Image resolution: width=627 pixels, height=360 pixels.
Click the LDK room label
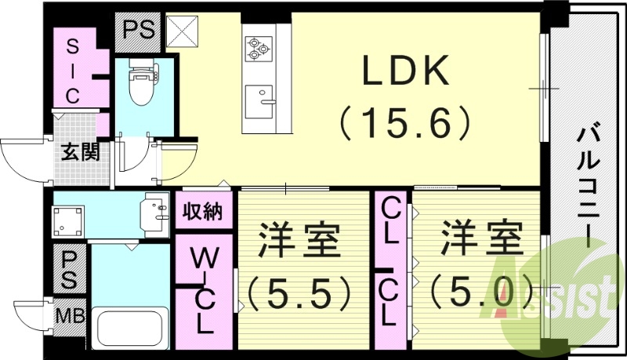pyautogui.click(x=405, y=73)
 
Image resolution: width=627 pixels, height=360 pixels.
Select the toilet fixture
pyautogui.click(x=142, y=82)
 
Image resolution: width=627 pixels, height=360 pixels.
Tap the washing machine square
pyautogui.click(x=66, y=222)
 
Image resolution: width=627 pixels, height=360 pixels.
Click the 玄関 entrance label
pyautogui.click(x=81, y=152)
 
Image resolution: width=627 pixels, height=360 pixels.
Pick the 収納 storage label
pyautogui.click(x=203, y=212)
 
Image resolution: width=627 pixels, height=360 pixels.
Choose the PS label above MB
pyautogui.click(x=69, y=269)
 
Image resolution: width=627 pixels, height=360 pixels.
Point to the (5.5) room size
pyautogui.click(x=297, y=293)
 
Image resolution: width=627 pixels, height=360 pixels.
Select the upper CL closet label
pyautogui.click(x=390, y=221)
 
